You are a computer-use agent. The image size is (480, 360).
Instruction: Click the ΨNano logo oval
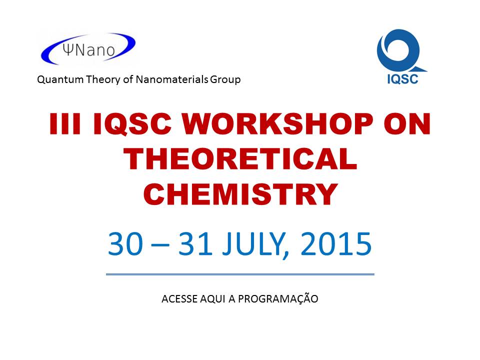coord(87,48)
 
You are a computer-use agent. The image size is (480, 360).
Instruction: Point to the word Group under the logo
coord(224,79)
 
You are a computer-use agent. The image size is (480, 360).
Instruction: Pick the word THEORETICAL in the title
coord(240,160)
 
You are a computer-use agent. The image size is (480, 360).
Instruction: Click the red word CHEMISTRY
coord(240,194)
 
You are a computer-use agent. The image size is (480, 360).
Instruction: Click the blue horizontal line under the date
coord(240,274)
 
